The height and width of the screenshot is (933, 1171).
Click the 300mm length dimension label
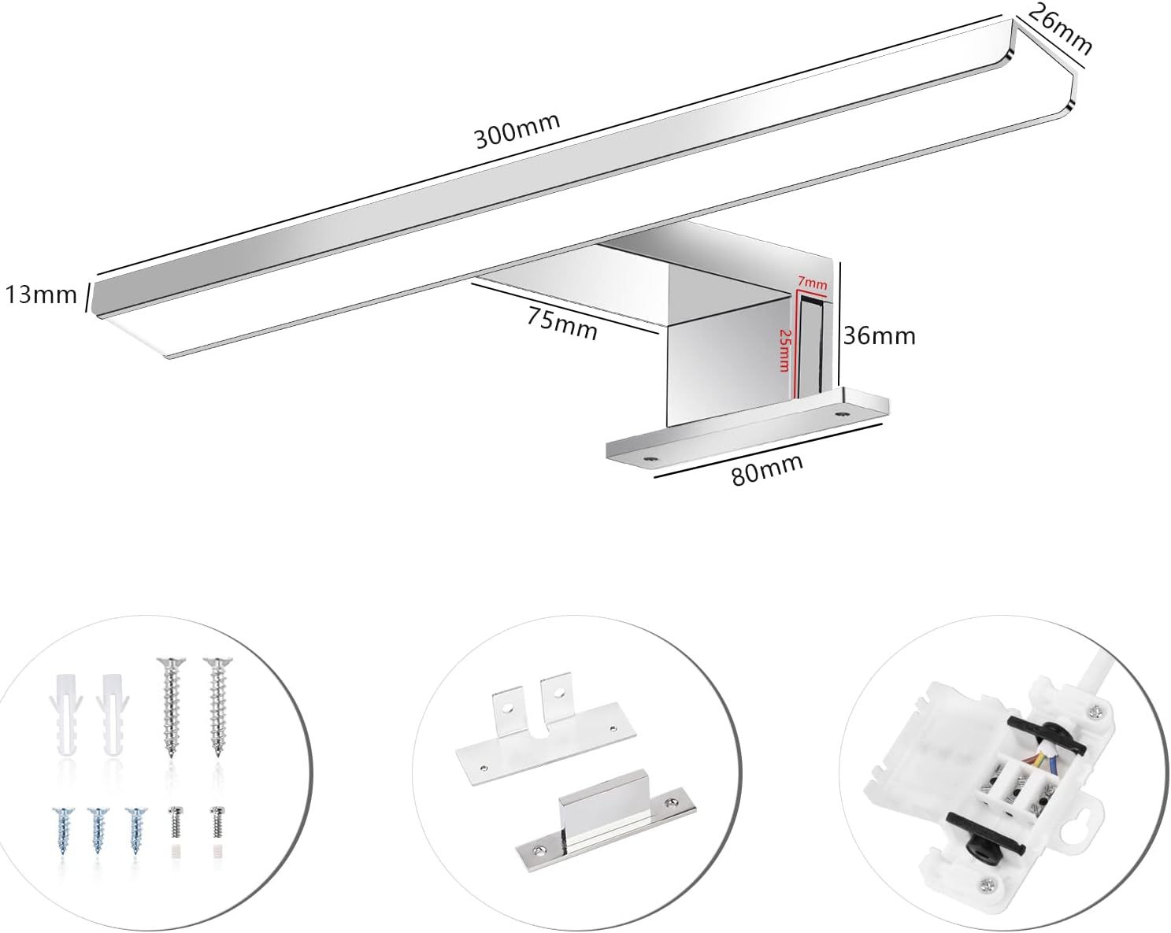pos(517,131)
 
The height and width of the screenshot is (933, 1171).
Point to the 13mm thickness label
pos(41,295)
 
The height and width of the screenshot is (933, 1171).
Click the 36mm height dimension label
pos(880,336)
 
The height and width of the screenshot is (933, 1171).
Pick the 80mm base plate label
pos(767,469)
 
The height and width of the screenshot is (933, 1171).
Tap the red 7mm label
pos(812,282)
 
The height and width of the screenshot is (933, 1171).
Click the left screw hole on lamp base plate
pos(650,456)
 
